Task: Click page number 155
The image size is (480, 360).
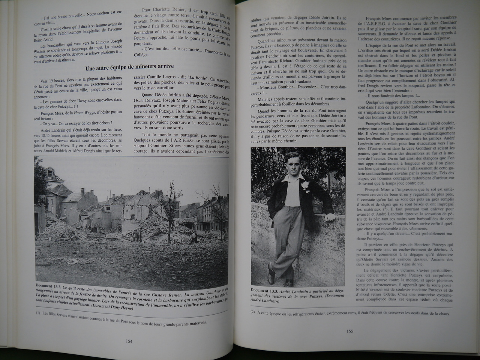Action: pos(349,331)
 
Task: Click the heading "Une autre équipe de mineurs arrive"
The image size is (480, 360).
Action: pos(129,67)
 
